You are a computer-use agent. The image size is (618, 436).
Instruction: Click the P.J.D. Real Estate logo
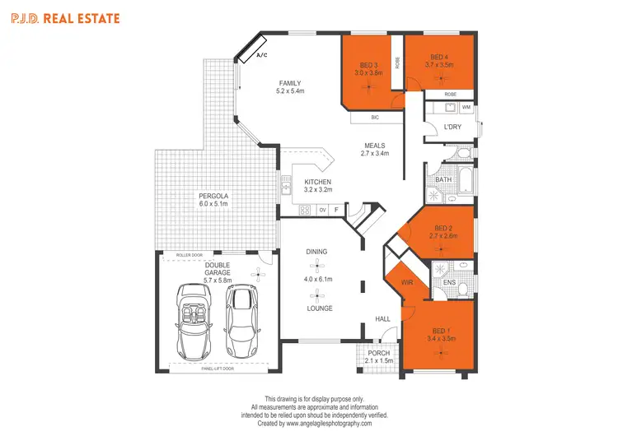click(x=63, y=17)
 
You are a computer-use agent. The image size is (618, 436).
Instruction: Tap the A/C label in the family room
click(x=263, y=56)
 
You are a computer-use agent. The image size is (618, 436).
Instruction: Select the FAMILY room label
click(x=290, y=83)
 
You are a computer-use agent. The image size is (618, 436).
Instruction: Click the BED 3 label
click(x=368, y=65)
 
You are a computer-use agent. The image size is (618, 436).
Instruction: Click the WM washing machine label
click(x=466, y=107)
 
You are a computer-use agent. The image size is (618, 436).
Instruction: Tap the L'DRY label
click(x=452, y=127)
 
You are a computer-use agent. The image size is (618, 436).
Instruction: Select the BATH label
click(x=443, y=179)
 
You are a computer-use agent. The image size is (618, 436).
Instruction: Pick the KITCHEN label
click(x=317, y=182)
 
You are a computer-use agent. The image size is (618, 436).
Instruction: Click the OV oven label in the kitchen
click(x=323, y=210)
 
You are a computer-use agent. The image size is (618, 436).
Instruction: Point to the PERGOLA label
click(x=213, y=196)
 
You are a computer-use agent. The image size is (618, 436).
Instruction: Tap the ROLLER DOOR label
click(x=190, y=255)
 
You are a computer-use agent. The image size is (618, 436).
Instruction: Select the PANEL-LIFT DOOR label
click(x=218, y=369)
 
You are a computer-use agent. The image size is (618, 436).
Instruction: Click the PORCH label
click(x=378, y=353)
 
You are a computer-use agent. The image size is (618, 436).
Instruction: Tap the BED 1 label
click(x=439, y=330)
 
